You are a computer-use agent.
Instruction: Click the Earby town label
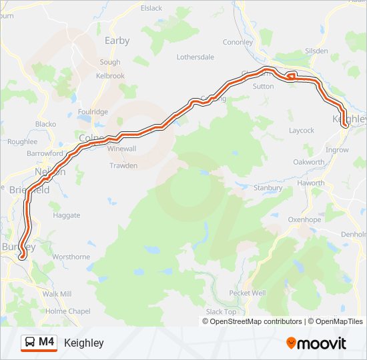pos(117,41)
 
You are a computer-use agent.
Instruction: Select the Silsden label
pos(316,51)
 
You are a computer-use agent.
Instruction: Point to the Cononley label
pos(238,42)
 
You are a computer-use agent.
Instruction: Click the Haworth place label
pos(312,183)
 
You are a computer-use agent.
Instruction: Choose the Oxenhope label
pos(304,219)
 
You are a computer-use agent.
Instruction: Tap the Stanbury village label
pos(268,188)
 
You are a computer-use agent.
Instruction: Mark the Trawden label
pos(123,165)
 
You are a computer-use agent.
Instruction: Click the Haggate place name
pos(67,215)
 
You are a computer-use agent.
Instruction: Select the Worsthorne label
pos(71,257)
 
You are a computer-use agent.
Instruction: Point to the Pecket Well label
pos(247,293)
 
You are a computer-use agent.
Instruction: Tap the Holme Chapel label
pos(68,311)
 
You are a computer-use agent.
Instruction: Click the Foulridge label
pos(93,112)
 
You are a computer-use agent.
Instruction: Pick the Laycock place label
pos(301,131)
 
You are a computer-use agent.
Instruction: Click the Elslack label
pos(151,8)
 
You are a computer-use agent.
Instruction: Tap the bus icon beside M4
pos(31,343)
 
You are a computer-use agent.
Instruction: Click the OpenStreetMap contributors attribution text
pos(252,321)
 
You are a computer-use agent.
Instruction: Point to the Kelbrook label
pos(110,76)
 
